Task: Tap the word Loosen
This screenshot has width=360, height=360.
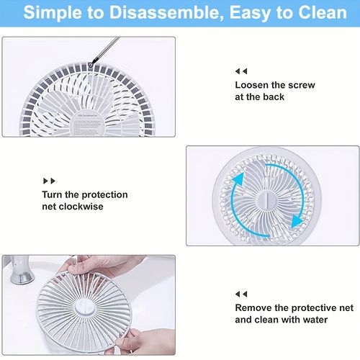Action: click(253, 85)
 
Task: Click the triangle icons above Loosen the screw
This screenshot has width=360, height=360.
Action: click(240, 71)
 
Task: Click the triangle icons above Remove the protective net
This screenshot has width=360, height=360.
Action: click(240, 294)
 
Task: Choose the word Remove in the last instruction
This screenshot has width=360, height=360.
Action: click(254, 307)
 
